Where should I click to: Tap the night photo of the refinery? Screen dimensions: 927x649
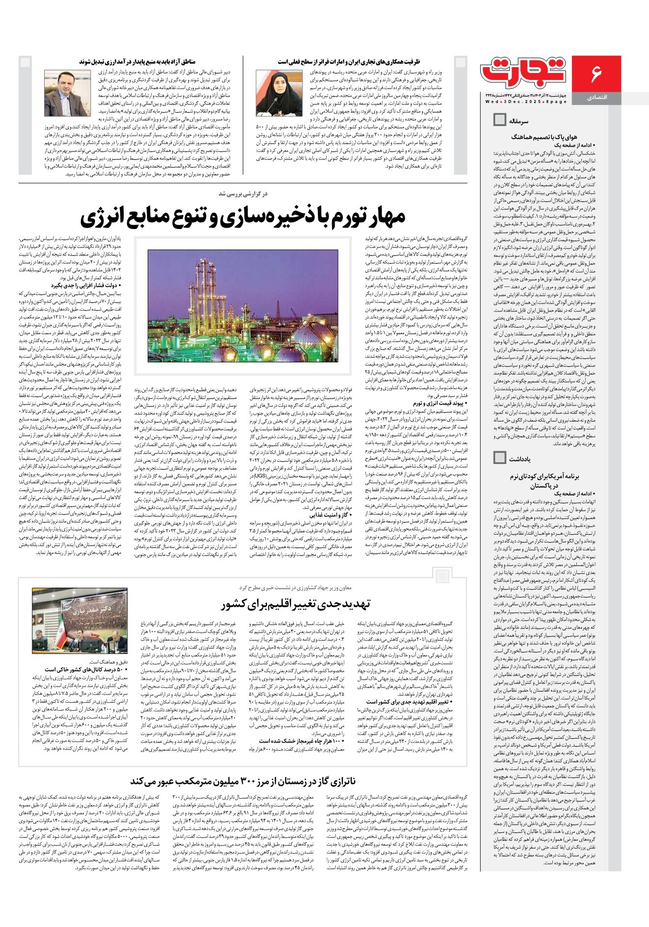tap(243, 306)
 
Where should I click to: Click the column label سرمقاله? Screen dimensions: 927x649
tap(519, 121)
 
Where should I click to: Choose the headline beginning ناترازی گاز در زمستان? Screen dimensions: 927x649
tap(243, 781)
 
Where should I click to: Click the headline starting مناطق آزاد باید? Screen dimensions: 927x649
tap(137, 62)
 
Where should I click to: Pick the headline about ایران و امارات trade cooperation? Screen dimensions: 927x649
tap(349, 62)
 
